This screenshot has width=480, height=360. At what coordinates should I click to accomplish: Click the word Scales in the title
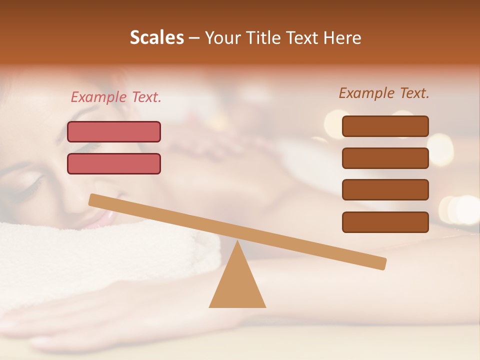(x=157, y=37)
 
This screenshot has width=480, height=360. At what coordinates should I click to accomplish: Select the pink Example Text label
(x=116, y=97)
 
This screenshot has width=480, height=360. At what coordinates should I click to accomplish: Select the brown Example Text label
(x=384, y=93)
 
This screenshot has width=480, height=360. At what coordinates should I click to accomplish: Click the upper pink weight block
(x=114, y=131)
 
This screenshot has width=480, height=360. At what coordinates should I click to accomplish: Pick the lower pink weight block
(x=114, y=163)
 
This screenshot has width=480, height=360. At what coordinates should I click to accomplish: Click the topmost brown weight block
(x=385, y=126)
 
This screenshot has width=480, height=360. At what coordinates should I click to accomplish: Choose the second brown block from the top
(x=385, y=158)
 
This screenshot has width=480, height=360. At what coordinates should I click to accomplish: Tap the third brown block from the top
(x=385, y=189)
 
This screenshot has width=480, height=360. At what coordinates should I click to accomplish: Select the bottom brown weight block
(x=385, y=222)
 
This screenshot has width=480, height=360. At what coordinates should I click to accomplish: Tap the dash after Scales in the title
(x=194, y=38)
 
